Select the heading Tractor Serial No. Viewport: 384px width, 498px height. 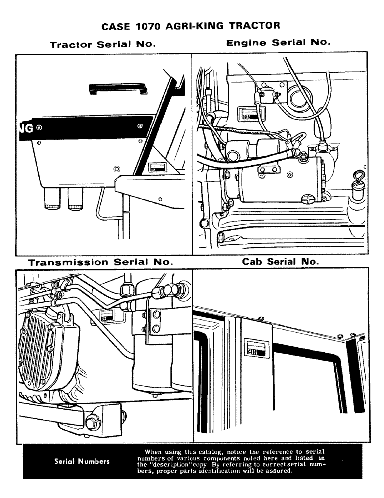tap(103, 44)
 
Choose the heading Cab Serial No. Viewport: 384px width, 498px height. tap(281, 262)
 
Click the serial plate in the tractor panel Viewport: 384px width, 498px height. tap(158, 167)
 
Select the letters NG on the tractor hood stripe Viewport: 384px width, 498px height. tap(25, 128)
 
